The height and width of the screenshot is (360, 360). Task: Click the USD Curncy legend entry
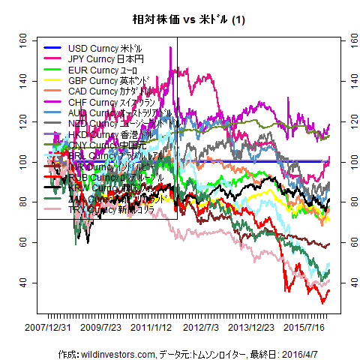104,48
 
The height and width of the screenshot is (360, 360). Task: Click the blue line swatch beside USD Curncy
54,48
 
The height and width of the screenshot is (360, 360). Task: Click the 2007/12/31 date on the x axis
48,328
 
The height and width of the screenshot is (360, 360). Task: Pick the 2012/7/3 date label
201,328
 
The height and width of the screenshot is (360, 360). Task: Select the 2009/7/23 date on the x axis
100,328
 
